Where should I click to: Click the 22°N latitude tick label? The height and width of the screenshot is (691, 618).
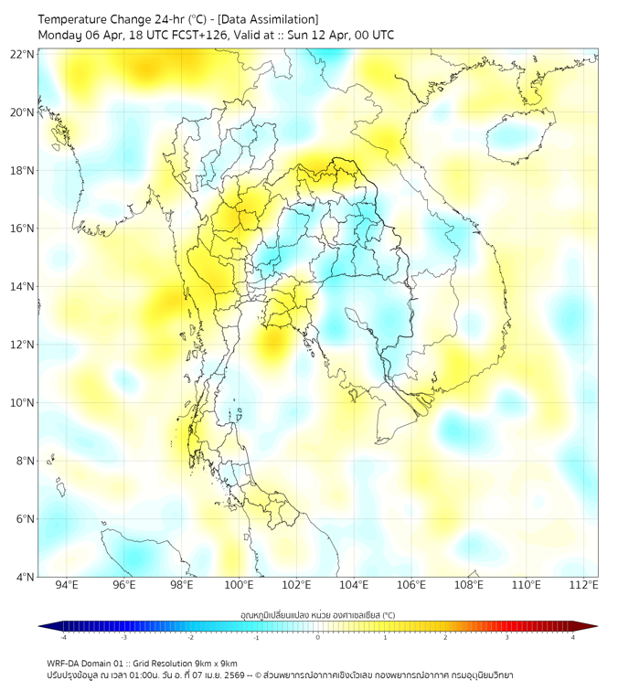[22, 54]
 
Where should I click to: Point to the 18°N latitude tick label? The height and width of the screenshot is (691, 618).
[22, 171]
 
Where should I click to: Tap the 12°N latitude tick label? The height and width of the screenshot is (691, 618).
[22, 345]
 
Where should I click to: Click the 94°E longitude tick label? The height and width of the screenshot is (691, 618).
[67, 585]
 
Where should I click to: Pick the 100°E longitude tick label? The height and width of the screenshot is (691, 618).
[239, 585]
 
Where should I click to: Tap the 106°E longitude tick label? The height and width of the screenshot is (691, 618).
[411, 585]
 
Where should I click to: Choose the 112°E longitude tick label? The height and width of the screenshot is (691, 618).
[584, 585]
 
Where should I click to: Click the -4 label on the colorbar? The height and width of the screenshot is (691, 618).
[63, 637]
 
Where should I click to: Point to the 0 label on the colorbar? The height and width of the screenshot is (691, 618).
[318, 637]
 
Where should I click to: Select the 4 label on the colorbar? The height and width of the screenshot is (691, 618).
[573, 637]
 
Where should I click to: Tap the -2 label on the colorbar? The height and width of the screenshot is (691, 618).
[190, 637]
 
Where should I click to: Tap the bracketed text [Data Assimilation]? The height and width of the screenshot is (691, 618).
[272, 18]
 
